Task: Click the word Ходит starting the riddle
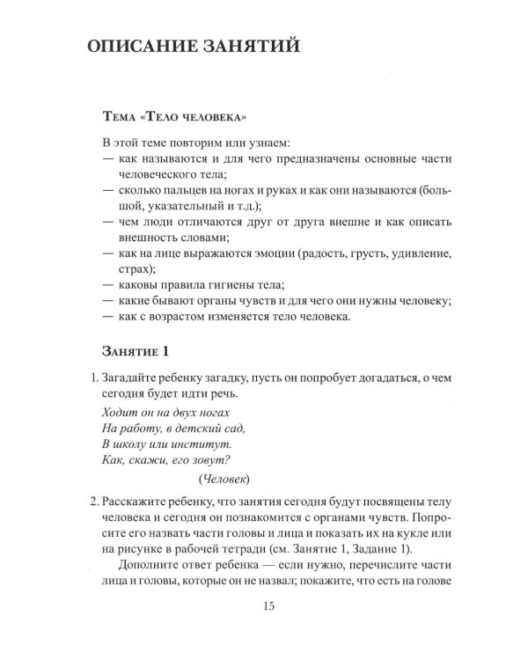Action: [x=121, y=412]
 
